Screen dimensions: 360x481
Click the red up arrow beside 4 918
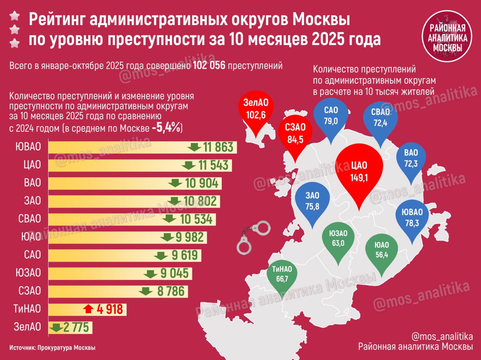[x=89, y=309]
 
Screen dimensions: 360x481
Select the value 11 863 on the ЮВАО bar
[x=218, y=147]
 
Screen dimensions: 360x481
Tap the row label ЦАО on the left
[x=32, y=165]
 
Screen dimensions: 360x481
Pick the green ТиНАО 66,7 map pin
[x=282, y=274]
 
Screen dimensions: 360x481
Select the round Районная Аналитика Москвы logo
[x=447, y=36]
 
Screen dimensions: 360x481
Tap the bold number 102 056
[x=209, y=66]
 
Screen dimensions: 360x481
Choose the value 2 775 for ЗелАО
[x=76, y=327]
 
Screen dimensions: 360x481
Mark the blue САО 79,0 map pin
[x=331, y=116]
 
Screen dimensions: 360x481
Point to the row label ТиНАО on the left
[x=27, y=309]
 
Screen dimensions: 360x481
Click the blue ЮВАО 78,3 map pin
[x=412, y=218]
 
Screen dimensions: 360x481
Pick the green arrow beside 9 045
[x=150, y=274]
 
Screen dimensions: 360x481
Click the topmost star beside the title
[x=15, y=16]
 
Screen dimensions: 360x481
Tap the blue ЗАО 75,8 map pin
[x=312, y=201]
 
